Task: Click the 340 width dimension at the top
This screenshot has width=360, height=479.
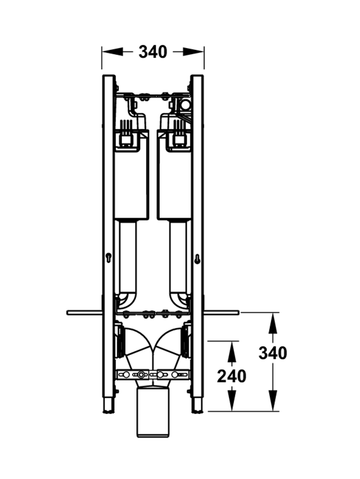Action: tap(153, 52)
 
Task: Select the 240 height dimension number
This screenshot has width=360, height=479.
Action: tap(231, 376)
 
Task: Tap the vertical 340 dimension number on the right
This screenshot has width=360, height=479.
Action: tap(273, 353)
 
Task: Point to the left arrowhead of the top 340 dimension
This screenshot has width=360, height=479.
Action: tap(112, 52)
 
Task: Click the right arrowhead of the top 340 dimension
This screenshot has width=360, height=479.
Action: tap(193, 52)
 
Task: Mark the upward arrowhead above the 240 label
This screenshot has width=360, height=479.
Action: tap(232, 352)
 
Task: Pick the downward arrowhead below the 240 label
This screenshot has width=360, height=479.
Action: tap(232, 400)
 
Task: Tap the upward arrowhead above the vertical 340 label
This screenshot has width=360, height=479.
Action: tap(273, 323)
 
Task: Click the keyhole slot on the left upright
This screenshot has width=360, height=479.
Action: tap(108, 258)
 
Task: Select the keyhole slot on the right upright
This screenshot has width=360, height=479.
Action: tap(197, 259)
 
